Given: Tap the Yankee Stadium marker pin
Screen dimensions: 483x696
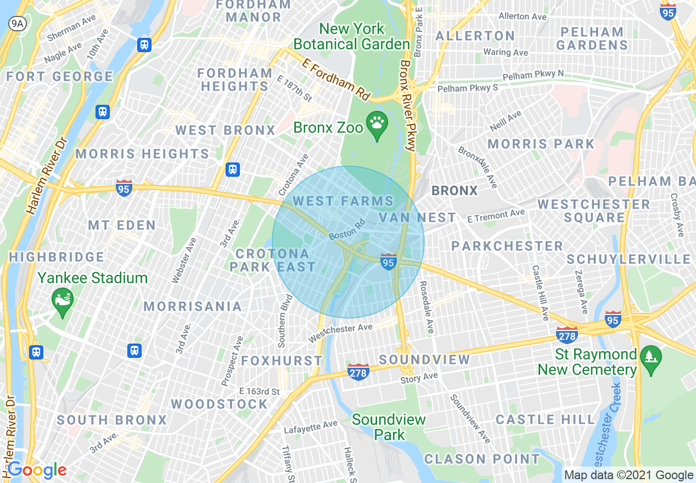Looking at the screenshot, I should click(x=62, y=300).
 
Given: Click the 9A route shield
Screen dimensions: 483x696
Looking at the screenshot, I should click(x=18, y=23).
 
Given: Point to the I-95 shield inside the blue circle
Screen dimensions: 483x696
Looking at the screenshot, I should click(x=389, y=262).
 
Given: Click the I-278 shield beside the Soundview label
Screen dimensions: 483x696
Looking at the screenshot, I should click(x=358, y=372).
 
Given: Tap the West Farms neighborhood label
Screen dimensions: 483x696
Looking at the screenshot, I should click(x=343, y=201).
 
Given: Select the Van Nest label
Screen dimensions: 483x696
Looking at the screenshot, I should click(x=417, y=218).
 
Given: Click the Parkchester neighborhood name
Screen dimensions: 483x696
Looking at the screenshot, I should click(x=507, y=246).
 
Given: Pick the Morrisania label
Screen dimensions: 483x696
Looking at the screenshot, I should click(x=193, y=306).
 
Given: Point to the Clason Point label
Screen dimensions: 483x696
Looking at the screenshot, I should click(x=482, y=459).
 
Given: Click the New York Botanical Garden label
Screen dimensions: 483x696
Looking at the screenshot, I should click(x=352, y=36).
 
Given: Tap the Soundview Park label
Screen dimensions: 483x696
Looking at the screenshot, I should click(x=389, y=427).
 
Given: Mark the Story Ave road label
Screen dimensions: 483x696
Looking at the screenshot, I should click(x=419, y=378).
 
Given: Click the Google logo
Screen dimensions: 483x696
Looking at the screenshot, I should click(x=37, y=470).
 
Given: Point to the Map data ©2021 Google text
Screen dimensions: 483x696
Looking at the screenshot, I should click(x=628, y=475).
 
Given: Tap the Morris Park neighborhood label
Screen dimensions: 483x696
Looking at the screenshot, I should click(x=541, y=144).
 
